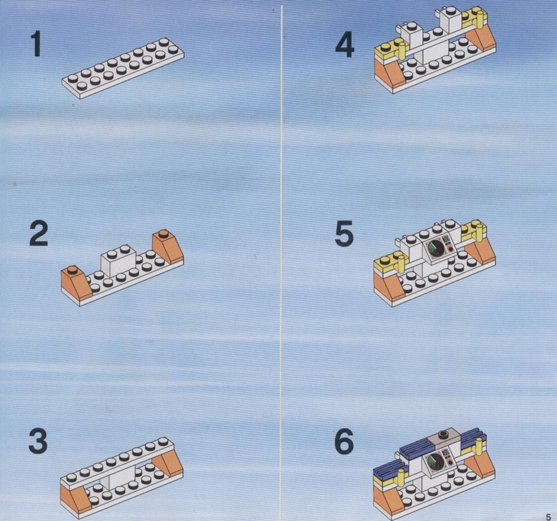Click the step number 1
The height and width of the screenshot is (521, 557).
point(36,44)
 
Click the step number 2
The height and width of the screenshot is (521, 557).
point(38,233)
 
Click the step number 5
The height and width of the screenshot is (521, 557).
point(344,233)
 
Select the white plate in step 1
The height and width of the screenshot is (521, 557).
point(123,68)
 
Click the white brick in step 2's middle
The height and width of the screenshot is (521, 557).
point(119,261)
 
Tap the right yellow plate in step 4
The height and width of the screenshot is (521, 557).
point(473,16)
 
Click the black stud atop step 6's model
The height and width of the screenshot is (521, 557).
point(443,434)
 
